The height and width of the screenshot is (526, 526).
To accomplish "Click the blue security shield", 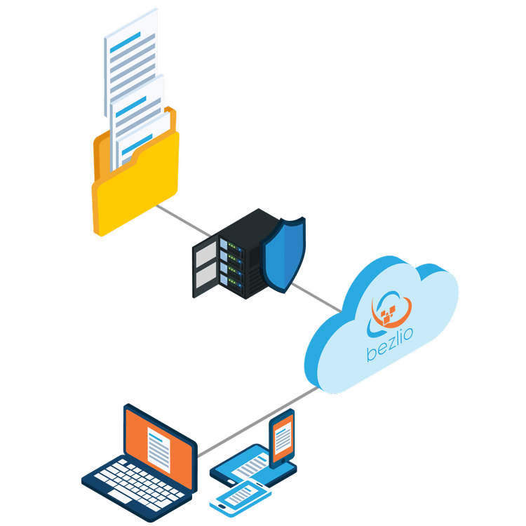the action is click(x=283, y=255).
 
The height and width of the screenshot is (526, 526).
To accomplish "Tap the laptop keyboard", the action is click(x=137, y=482).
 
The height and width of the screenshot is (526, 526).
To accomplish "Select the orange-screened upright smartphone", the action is click(x=282, y=438).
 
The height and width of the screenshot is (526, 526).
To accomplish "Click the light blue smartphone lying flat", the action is click(x=240, y=497).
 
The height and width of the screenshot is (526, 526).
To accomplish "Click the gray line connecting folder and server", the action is click(x=184, y=220).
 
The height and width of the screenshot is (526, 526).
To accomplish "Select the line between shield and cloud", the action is click(x=316, y=297).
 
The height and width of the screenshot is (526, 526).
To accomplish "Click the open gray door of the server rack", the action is click(x=205, y=266).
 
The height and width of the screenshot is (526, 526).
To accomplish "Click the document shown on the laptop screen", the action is click(x=159, y=450).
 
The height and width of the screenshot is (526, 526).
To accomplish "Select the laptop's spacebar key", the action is click(x=119, y=496).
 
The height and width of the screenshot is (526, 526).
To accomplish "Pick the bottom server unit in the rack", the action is click(x=231, y=284).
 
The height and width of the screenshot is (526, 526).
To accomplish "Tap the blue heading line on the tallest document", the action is click(x=125, y=43).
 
